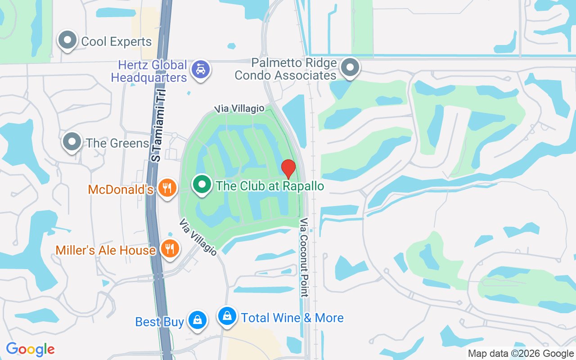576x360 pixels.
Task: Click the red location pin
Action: click(x=288, y=168)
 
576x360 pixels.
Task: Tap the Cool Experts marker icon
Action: click(x=67, y=40)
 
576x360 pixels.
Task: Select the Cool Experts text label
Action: click(x=117, y=42)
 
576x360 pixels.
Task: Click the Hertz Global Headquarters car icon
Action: click(x=200, y=70)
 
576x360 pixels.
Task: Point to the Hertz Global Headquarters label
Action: click(x=149, y=71)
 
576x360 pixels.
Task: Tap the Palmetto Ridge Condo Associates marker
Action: click(x=350, y=67)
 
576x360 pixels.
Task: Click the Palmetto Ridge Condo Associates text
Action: click(x=285, y=69)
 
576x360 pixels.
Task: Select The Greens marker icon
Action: click(x=72, y=142)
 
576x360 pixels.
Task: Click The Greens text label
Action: click(x=117, y=143)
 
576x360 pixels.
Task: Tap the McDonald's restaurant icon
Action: click(x=167, y=188)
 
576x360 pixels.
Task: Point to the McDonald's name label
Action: click(x=121, y=189)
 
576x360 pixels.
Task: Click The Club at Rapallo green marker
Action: click(x=202, y=184)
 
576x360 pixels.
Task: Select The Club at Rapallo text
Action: click(x=270, y=186)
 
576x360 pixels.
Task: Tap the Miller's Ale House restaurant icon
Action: click(x=170, y=249)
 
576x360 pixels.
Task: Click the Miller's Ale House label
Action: click(x=106, y=250)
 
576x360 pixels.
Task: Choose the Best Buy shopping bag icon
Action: click(x=197, y=320)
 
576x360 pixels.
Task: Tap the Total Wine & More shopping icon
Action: click(x=228, y=316)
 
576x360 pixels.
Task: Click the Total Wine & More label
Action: click(x=292, y=318)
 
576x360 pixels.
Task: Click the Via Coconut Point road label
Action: click(x=305, y=257)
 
